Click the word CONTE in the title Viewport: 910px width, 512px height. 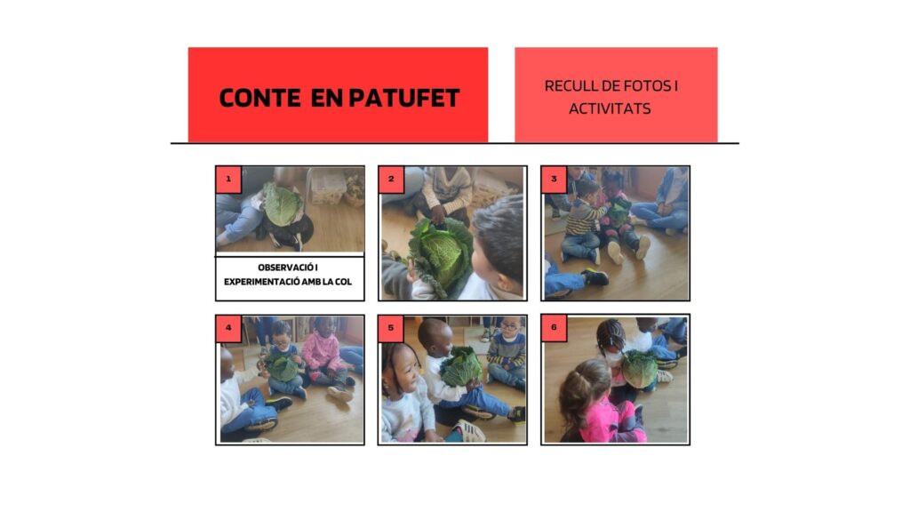coord(259,98)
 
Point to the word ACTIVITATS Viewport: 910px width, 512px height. coord(610,108)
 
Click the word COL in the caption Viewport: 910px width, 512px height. coord(343,282)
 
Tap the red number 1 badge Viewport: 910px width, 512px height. coord(228,180)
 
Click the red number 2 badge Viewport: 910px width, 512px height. coord(391,180)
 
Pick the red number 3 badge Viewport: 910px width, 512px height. coord(554,180)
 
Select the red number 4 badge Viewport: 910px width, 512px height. coord(228,328)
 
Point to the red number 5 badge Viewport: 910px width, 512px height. coord(391,328)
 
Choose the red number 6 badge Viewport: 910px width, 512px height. coord(554,328)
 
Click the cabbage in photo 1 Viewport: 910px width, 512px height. coord(283,204)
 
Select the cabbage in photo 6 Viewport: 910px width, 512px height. coord(640,369)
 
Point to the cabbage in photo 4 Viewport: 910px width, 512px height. coord(282,367)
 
